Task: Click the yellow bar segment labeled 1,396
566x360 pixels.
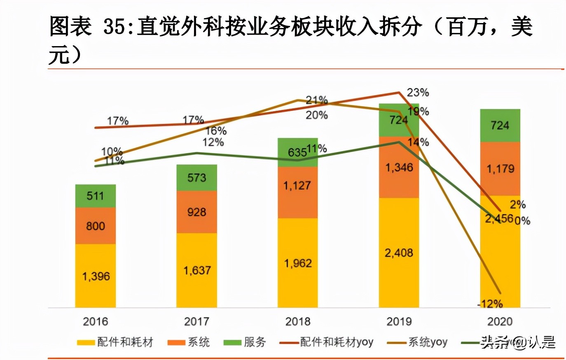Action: [95, 276]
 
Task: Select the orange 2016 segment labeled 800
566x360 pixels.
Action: [95, 226]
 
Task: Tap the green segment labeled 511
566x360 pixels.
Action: [95, 196]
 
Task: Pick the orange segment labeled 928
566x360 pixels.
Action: [196, 212]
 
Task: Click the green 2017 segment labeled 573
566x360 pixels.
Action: [196, 178]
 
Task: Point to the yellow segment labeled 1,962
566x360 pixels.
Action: [297, 263]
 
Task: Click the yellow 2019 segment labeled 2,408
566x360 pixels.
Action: [399, 252]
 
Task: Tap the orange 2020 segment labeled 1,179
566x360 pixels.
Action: [500, 168]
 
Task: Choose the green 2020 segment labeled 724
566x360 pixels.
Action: [500, 125]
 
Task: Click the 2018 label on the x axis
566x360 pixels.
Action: [297, 322]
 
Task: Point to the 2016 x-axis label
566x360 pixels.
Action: [95, 322]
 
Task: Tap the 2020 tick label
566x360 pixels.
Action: [500, 322]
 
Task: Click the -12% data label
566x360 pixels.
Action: [490, 304]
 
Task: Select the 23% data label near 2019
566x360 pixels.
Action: [418, 93]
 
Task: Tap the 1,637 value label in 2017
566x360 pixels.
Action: [197, 270]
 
